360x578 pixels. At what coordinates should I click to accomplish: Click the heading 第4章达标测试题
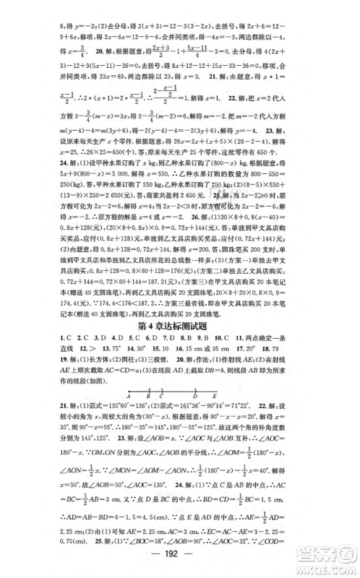(179, 314)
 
